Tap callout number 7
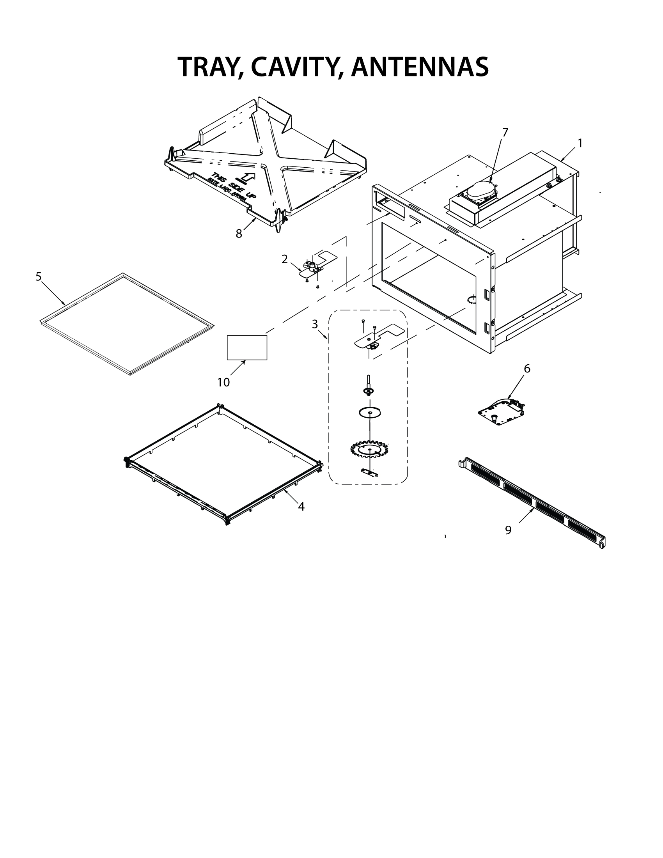point(505,133)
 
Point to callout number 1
point(580,144)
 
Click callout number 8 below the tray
point(239,234)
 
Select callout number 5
point(38,277)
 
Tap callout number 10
point(223,382)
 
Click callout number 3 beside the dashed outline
point(315,324)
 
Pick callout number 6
point(527,369)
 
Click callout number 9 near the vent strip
point(508,530)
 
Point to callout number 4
point(301,507)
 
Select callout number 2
point(284,259)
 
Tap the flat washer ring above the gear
point(370,413)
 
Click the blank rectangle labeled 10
point(247,347)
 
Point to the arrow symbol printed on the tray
point(247,178)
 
